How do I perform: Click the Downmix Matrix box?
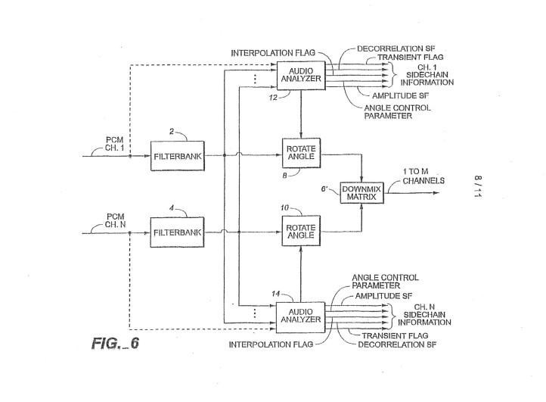coord(361,193)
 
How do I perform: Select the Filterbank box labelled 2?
coord(178,156)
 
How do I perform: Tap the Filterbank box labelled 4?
coord(177,232)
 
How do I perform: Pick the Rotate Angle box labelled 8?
coord(301,153)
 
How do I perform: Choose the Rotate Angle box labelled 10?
coord(301,231)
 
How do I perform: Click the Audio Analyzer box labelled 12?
coord(301,75)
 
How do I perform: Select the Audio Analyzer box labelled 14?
coord(300,317)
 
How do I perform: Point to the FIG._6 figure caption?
coord(115,344)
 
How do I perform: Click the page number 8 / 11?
coord(478,186)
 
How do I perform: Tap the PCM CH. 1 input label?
coord(114,144)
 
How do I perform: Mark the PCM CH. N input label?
coord(115,221)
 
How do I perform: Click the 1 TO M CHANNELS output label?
coord(423,176)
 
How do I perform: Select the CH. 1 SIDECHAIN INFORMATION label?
coord(427,75)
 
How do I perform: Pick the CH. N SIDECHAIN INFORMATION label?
coord(424,315)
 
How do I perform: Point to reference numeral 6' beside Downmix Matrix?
coord(324,189)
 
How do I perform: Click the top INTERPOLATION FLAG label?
coord(273,53)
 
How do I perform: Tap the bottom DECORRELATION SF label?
coord(397,344)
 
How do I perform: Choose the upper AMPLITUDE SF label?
coord(401,95)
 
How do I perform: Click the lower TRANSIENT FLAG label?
coord(395,335)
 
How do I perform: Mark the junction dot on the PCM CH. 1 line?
coord(130,156)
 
